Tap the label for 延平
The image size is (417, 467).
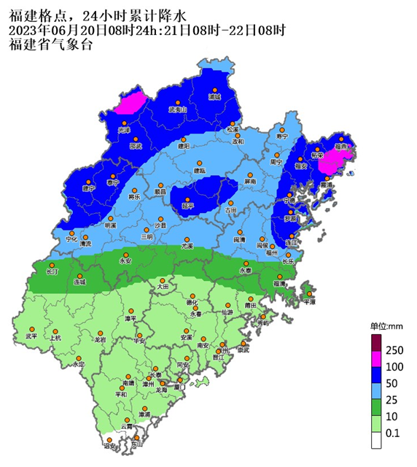click(x=188, y=207)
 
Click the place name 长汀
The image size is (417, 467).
click(x=52, y=271)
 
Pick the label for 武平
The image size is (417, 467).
click(x=31, y=336)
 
